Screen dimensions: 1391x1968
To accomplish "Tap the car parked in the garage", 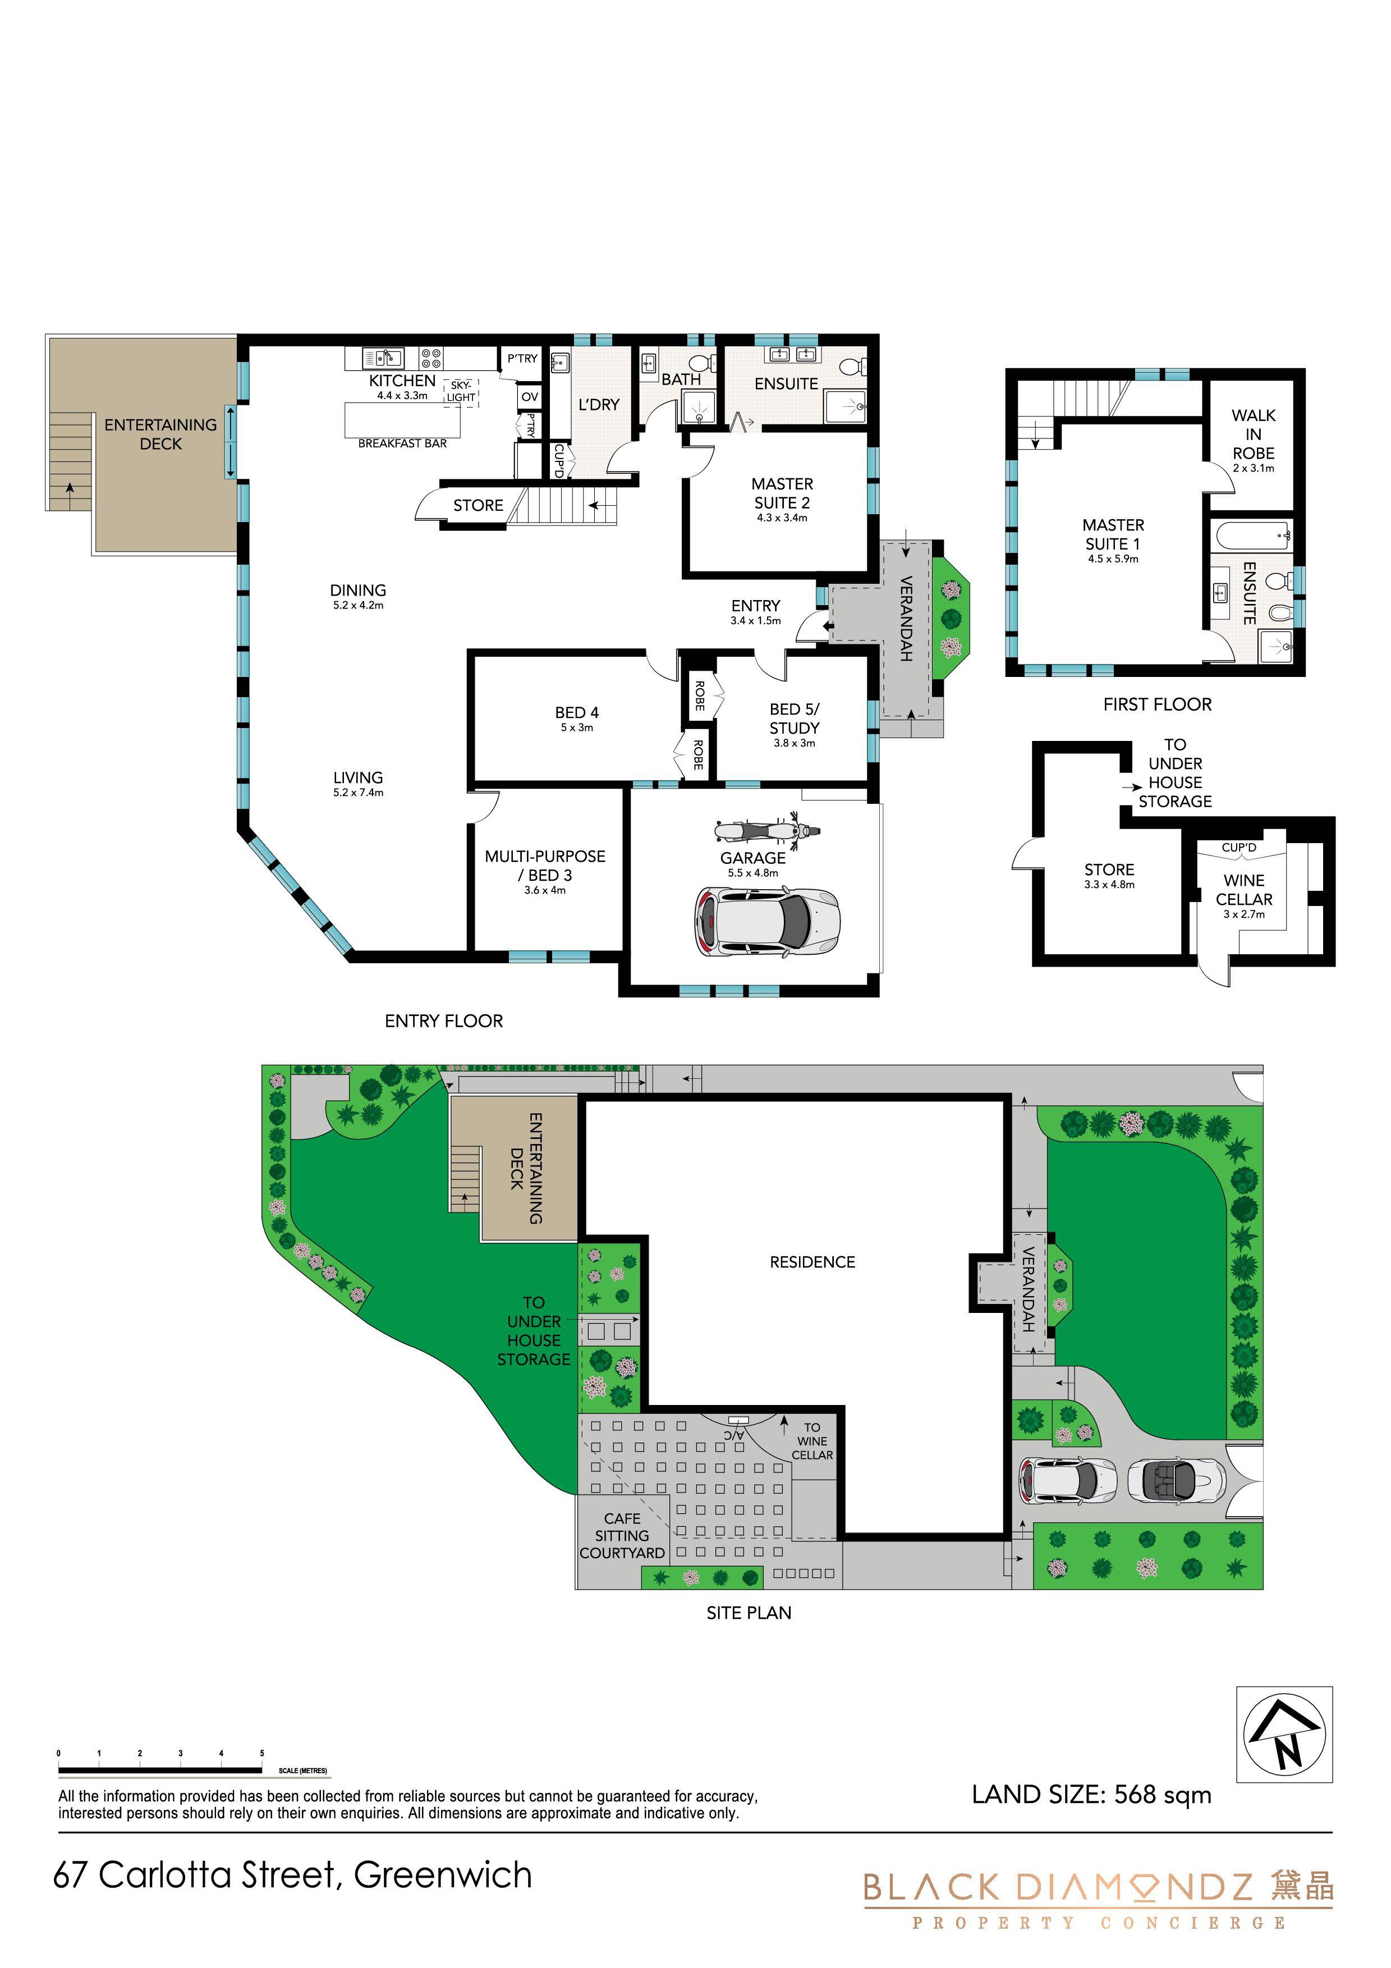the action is pyautogui.click(x=767, y=922).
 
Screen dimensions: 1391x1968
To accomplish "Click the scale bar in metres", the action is pyautogui.click(x=160, y=1769).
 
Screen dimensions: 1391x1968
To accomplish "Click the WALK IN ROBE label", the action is pyautogui.click(x=1253, y=434).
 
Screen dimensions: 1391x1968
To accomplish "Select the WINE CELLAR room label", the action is pyautogui.click(x=1243, y=890).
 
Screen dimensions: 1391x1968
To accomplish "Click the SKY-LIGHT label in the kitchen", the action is pyautogui.click(x=461, y=392).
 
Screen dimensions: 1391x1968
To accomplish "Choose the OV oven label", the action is pyautogui.click(x=530, y=397).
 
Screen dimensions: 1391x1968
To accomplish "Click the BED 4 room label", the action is pyautogui.click(x=577, y=712).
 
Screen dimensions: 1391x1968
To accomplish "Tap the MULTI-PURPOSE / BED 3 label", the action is pyautogui.click(x=545, y=866).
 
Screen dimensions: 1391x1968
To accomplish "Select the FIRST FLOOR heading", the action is pyautogui.click(x=1157, y=704).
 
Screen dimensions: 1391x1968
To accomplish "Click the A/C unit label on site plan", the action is pyautogui.click(x=733, y=1434).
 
